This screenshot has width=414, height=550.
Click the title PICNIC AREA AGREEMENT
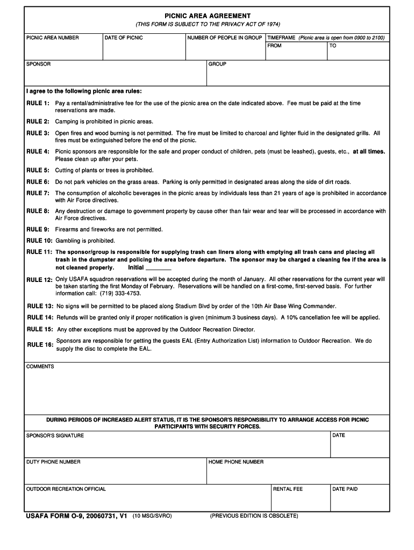point(207,16)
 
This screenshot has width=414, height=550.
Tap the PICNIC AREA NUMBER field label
point(53,38)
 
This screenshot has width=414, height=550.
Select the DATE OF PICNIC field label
point(124,38)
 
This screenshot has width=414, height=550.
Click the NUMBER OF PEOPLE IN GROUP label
point(224,38)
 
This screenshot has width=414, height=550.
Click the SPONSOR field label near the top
point(39,64)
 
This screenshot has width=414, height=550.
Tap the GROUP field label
point(217,64)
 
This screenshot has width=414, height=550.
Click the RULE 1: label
point(38,103)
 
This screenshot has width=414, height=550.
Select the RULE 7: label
point(38,193)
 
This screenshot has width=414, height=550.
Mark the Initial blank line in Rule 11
point(158,267)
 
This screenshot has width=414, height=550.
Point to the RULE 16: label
point(40,345)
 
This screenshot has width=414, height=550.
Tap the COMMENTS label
point(40,366)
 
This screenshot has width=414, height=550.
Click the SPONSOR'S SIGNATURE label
point(55,436)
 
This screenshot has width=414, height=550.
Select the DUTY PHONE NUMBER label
point(54,462)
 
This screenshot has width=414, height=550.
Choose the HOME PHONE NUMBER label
point(236,462)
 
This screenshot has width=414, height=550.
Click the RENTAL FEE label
point(288,489)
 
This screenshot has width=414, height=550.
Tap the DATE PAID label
point(345,489)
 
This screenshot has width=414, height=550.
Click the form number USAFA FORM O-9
point(62,516)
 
